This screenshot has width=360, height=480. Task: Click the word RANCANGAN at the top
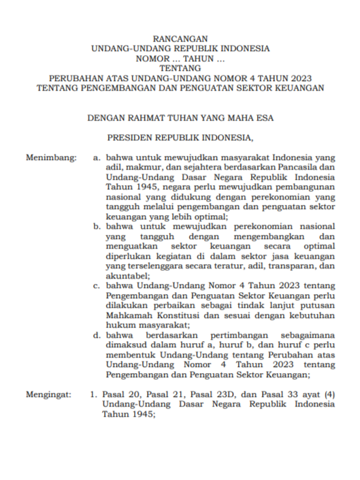tap(180, 39)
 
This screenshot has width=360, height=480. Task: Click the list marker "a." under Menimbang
tap(97, 157)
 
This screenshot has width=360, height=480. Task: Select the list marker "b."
tap(97, 225)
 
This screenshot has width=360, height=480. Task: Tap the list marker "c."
tap(97, 287)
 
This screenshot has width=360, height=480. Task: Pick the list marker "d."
tap(97, 336)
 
